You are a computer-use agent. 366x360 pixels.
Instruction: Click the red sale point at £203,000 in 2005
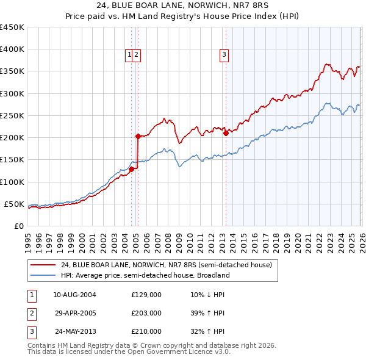coord(138,136)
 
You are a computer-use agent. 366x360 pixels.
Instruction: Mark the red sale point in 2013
coord(226,133)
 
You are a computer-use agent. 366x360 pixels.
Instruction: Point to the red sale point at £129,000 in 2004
coord(131,169)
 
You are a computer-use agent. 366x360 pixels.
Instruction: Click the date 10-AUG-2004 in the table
coord(74,295)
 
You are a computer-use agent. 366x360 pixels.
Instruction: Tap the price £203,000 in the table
coord(146,313)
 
